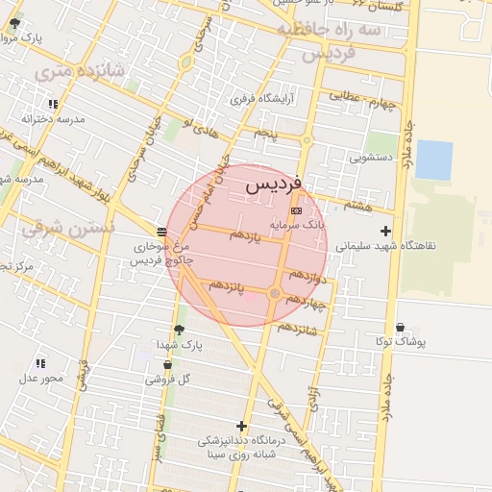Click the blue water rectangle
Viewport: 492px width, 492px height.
pyautogui.click(x=433, y=160)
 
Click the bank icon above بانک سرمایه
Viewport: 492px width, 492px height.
pyautogui.click(x=295, y=209)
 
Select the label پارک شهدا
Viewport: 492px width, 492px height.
pyautogui.click(x=179, y=344)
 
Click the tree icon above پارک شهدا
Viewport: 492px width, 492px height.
pyautogui.click(x=179, y=330)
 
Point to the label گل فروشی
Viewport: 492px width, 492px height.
pyautogui.click(x=167, y=379)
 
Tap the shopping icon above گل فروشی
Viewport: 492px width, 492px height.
pyautogui.click(x=168, y=364)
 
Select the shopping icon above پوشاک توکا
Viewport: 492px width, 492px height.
pyautogui.click(x=401, y=328)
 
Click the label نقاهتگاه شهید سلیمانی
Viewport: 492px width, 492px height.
pyautogui.click(x=385, y=245)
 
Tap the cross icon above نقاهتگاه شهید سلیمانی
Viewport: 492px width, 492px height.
pyautogui.click(x=386, y=231)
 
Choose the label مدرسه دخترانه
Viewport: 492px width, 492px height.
pyautogui.click(x=54, y=118)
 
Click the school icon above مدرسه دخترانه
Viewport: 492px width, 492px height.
pyautogui.click(x=53, y=104)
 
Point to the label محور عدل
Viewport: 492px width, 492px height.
pyautogui.click(x=40, y=377)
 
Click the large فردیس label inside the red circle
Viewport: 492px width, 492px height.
pyautogui.click(x=274, y=184)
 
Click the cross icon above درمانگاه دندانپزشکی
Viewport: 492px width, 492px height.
pyautogui.click(x=241, y=426)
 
